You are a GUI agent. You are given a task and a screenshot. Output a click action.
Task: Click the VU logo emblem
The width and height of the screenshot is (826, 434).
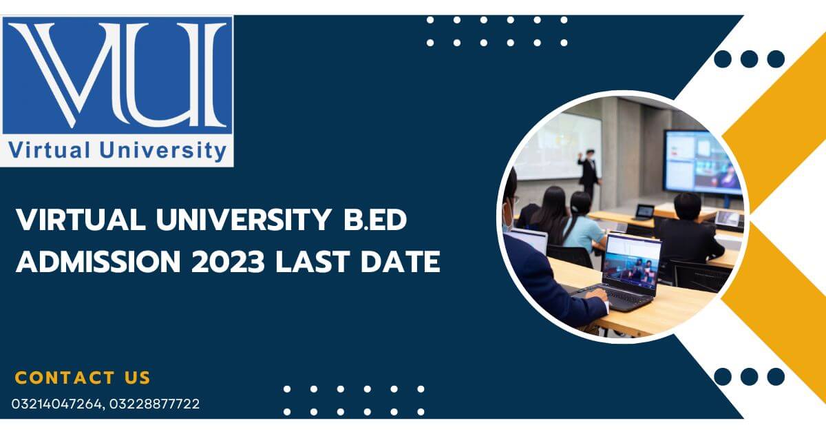click(117, 76)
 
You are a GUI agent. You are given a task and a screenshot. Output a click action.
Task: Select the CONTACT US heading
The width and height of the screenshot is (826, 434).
click(83, 378)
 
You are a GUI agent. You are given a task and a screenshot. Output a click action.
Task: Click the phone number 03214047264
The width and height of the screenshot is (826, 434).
click(56, 404)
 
